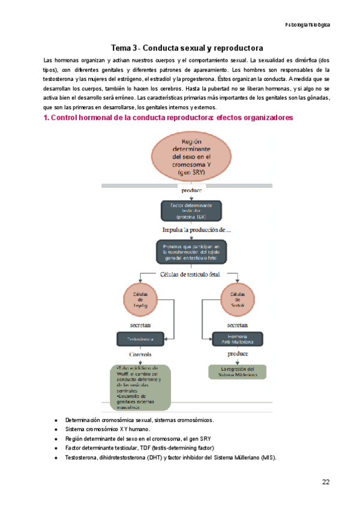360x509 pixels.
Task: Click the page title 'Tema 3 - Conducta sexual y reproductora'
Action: (x=187, y=47)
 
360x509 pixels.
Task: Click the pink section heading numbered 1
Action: (x=168, y=118)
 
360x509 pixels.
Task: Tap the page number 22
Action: (x=325, y=482)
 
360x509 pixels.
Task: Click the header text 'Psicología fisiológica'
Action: (x=307, y=25)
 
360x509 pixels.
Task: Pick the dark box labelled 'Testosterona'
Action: (x=139, y=339)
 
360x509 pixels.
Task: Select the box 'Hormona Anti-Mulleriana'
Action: (x=239, y=339)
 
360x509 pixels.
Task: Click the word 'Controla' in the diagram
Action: (x=140, y=355)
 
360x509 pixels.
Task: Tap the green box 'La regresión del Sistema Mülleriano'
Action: (x=239, y=372)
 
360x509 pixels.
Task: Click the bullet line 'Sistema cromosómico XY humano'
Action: (x=108, y=430)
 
